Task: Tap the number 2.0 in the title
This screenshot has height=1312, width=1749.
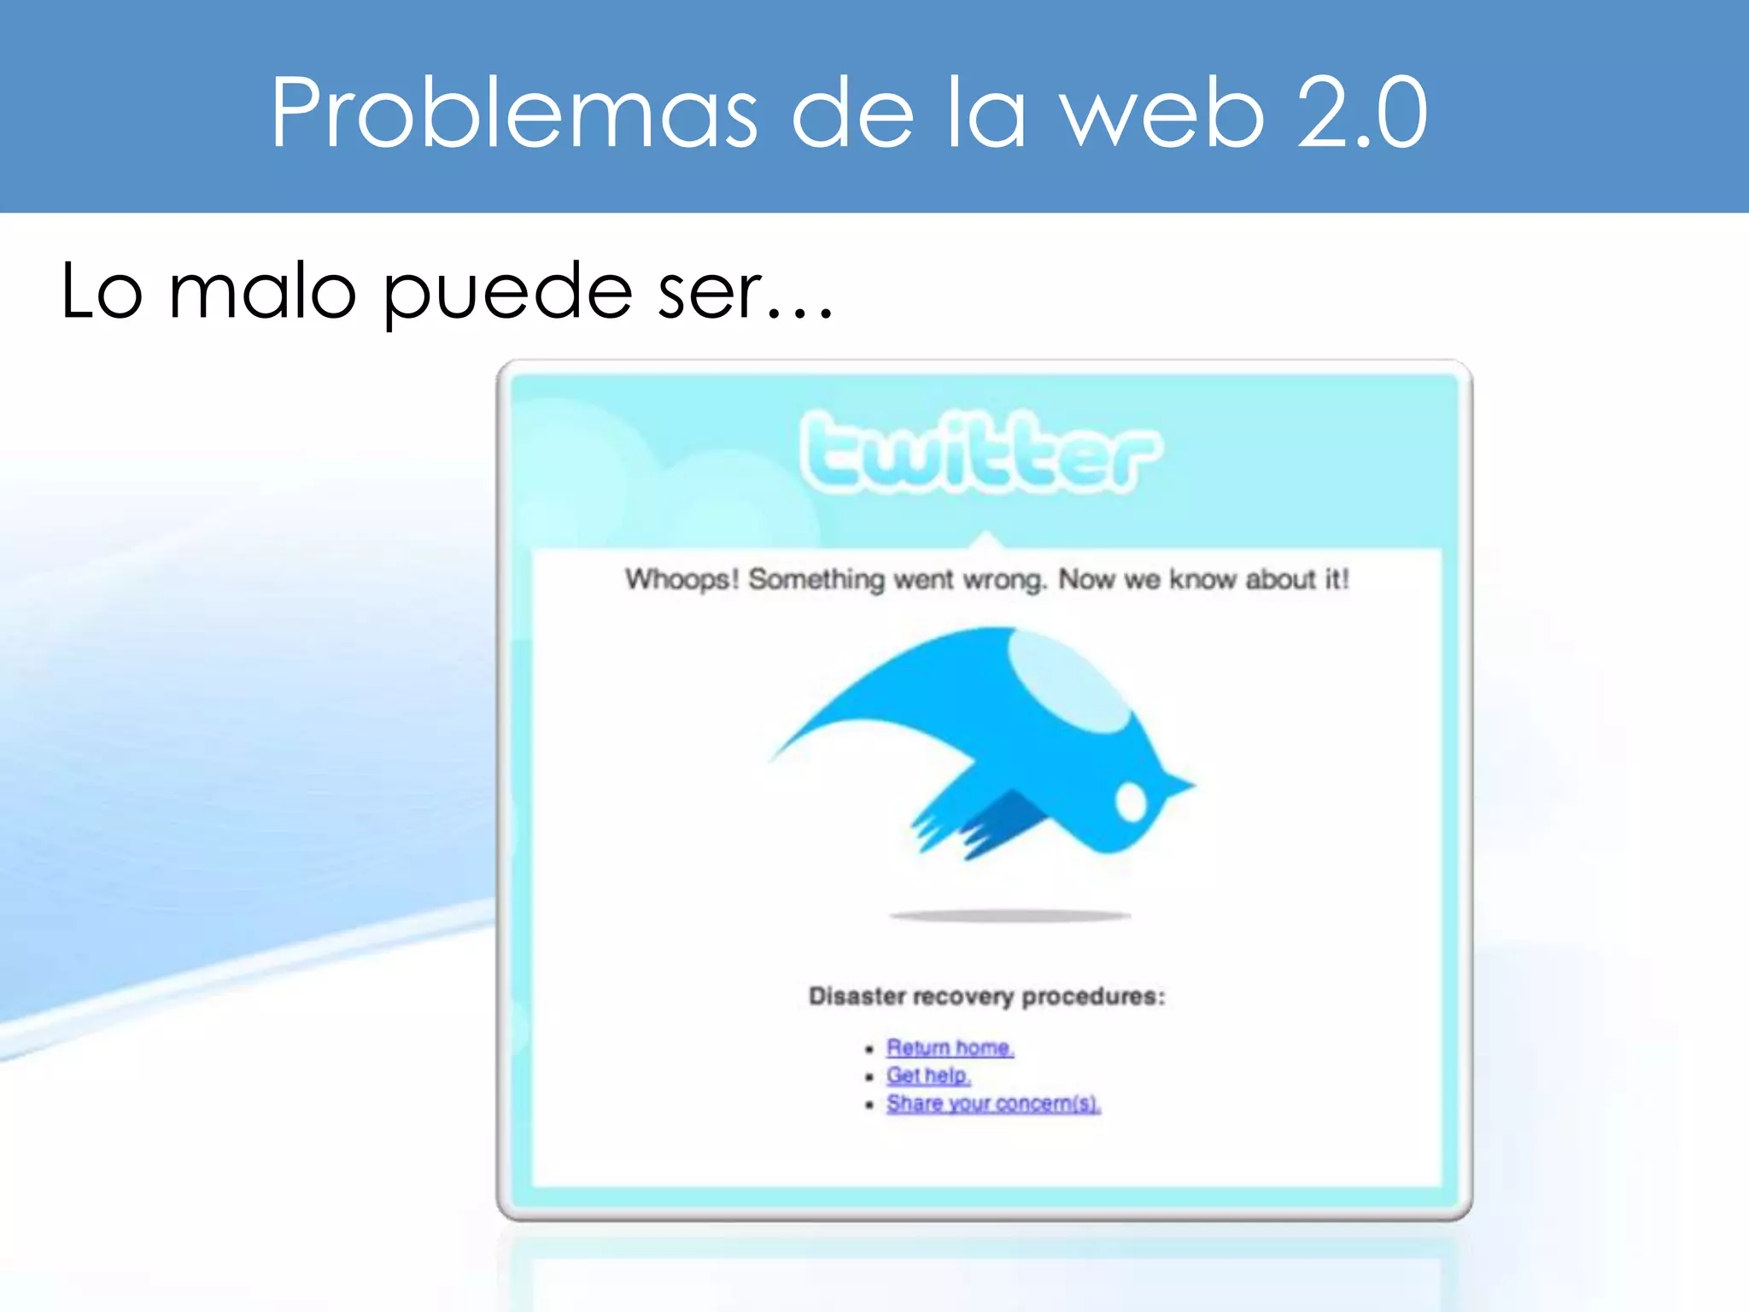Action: click(1361, 113)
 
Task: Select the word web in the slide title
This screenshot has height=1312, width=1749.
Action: click(1161, 113)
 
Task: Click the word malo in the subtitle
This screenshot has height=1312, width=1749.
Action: click(262, 292)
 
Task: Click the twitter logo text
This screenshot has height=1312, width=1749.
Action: click(980, 452)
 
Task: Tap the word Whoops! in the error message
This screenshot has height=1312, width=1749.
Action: click(681, 579)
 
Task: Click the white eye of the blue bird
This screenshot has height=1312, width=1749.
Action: click(1131, 801)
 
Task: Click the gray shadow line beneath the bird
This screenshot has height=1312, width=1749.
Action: click(1010, 916)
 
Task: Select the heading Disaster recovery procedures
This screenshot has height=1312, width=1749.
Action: click(986, 996)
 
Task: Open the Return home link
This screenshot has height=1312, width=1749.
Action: click(950, 1047)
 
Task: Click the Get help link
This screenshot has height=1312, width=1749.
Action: click(928, 1075)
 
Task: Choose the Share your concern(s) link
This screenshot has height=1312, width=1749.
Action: click(993, 1104)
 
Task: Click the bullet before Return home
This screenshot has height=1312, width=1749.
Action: click(869, 1049)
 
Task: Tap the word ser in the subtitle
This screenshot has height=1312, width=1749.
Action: click(710, 292)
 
